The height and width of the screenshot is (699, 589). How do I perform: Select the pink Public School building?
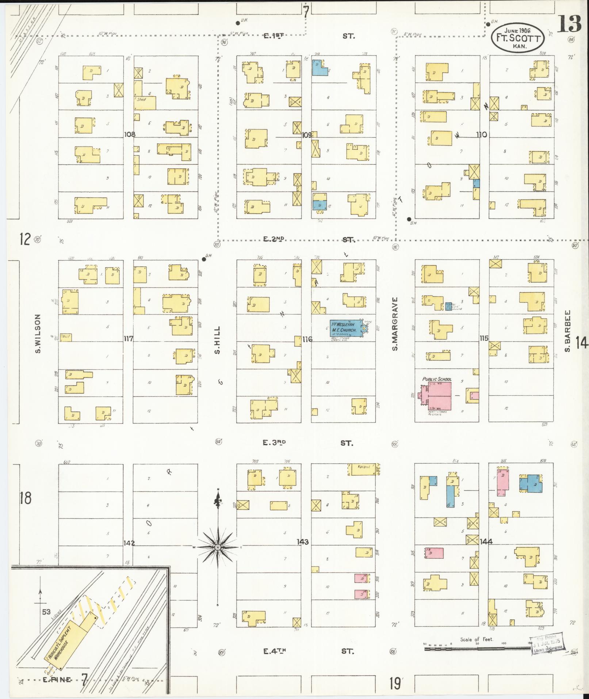point(437,396)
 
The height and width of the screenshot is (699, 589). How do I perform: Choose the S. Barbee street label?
point(567,331)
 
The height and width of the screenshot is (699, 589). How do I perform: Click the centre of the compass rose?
point(218,547)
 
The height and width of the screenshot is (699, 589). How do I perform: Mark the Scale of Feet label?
point(477,639)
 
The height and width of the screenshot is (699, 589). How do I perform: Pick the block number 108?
point(130,134)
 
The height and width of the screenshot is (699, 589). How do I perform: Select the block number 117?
point(128,339)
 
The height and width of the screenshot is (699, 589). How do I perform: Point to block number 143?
point(303,542)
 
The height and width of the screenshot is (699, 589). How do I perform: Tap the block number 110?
point(481,134)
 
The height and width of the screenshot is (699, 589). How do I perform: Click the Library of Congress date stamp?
point(547,645)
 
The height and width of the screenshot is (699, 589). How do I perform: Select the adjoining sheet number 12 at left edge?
point(25,239)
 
